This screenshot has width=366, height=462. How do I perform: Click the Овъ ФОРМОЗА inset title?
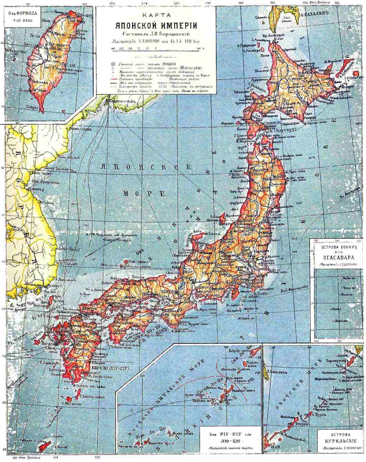tap(23, 15)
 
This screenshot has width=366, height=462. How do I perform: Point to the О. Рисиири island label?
tap(255, 51)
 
